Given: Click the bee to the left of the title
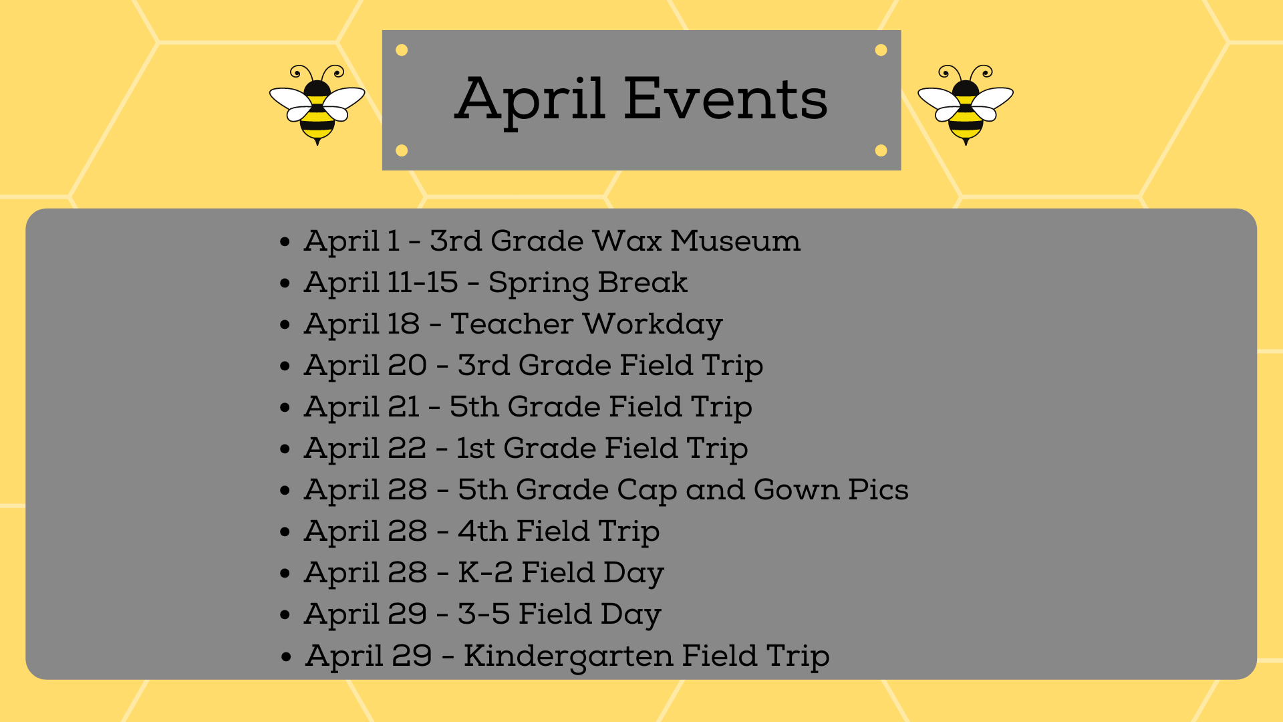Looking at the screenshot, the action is click(x=317, y=105).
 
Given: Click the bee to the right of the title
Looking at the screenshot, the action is click(x=966, y=105).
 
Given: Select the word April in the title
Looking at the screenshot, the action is click(x=530, y=102).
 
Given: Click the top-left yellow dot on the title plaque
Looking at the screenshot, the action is click(x=402, y=50).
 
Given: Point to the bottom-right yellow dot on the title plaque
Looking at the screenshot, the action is click(x=881, y=150).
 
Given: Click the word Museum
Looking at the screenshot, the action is click(x=735, y=241).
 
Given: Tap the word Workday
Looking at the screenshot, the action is click(x=653, y=325).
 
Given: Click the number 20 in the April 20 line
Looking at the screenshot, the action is click(x=407, y=366).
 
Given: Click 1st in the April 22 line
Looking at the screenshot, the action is click(x=476, y=449).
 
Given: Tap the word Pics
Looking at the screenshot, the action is click(x=878, y=490).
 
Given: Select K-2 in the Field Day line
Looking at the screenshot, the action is click(x=485, y=573).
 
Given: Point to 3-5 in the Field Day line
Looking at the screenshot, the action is click(x=484, y=614).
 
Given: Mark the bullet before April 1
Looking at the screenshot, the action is click(x=285, y=241).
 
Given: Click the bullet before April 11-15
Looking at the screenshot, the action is click(x=285, y=283).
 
